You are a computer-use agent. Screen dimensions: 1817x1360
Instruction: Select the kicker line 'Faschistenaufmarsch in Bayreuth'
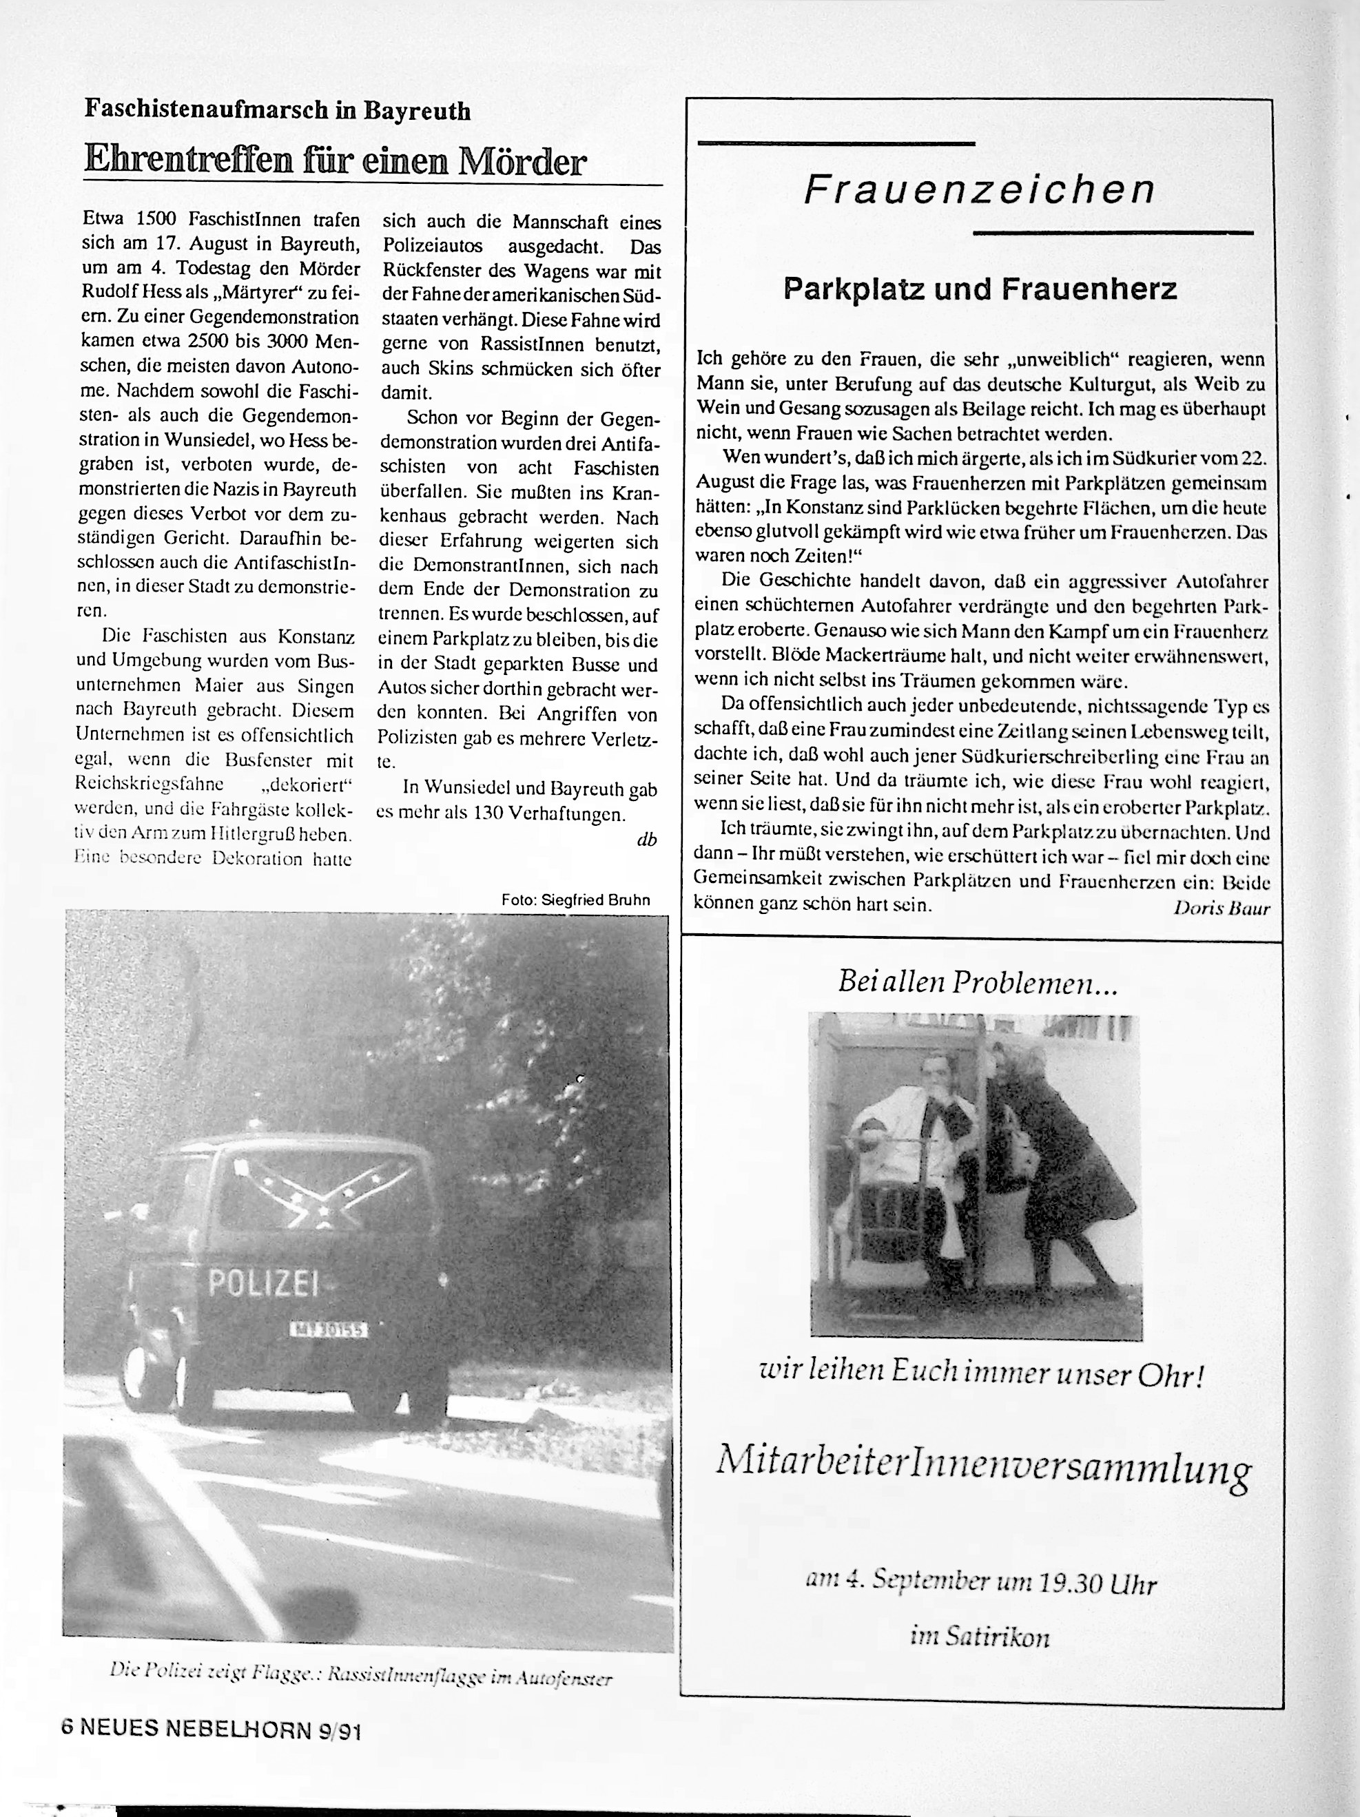pos(278,110)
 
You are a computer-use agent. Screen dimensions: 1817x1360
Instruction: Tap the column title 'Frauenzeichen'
pos(979,189)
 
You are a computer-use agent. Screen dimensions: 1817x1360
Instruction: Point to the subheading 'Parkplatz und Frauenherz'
pos(980,289)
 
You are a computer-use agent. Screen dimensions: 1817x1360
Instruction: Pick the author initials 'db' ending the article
pos(647,840)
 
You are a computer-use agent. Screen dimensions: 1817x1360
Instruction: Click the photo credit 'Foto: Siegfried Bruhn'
pos(575,900)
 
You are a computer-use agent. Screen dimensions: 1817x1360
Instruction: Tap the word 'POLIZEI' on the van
pos(263,1283)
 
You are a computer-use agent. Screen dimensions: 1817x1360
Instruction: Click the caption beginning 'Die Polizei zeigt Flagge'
pos(362,1676)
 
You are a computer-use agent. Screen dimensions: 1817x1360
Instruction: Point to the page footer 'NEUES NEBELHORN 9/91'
pos(222,1731)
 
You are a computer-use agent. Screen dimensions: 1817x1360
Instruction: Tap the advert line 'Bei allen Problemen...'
pos(978,982)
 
